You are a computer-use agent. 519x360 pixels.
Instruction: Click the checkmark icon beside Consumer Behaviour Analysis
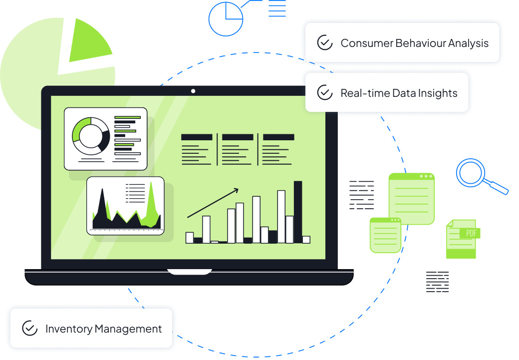click(x=325, y=43)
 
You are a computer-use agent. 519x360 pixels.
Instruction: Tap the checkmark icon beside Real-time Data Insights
click(x=325, y=93)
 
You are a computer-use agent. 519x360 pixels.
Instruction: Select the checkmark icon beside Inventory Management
click(x=30, y=329)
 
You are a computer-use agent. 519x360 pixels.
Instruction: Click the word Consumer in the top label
click(x=366, y=43)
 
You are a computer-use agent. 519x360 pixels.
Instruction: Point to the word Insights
click(x=439, y=93)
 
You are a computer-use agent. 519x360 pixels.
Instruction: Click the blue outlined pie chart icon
click(x=226, y=19)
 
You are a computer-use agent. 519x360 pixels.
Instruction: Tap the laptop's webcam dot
click(x=193, y=91)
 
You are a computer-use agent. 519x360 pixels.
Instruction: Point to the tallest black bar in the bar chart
click(x=298, y=212)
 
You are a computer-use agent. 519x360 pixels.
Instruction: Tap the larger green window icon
click(x=412, y=198)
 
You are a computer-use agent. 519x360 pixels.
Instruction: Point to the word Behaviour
click(x=420, y=43)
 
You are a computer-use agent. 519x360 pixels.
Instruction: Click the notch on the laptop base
click(x=190, y=272)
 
